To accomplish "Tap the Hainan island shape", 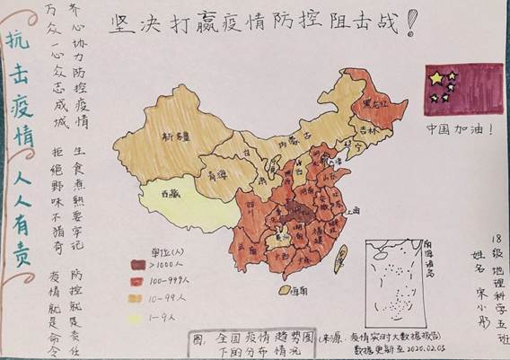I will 278,288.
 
